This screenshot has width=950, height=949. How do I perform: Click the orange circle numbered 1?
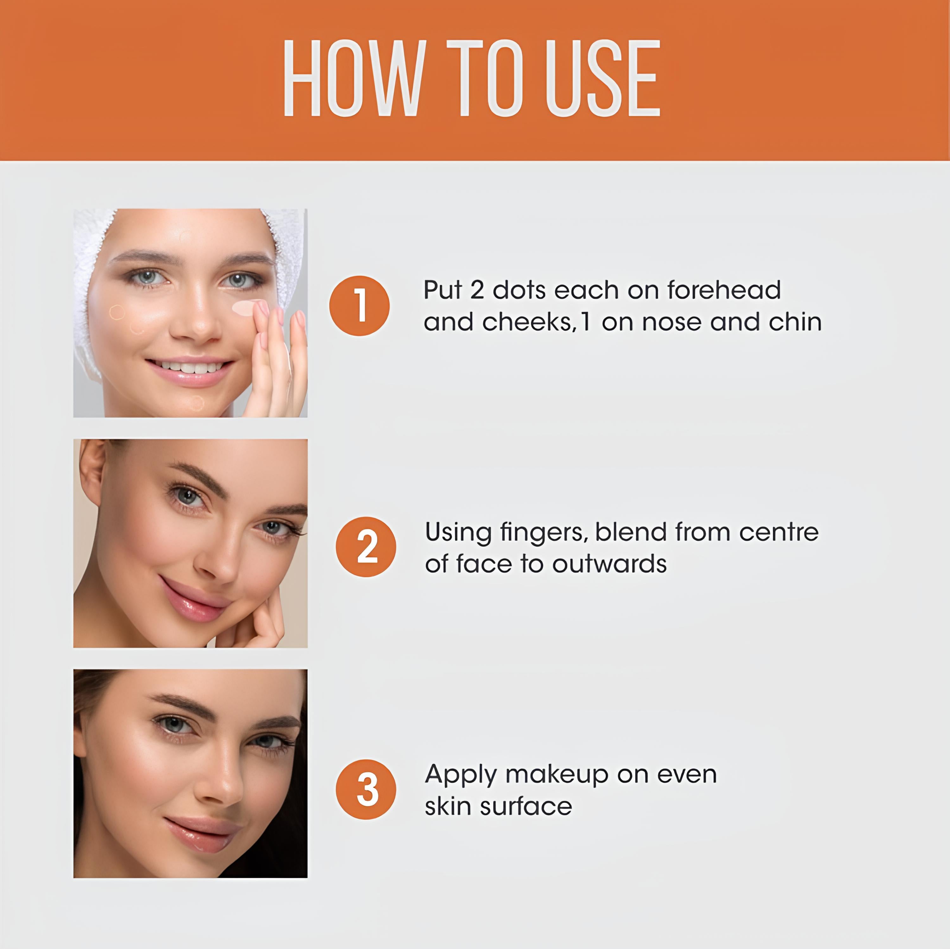coord(359,306)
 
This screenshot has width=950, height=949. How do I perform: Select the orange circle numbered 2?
coord(366,547)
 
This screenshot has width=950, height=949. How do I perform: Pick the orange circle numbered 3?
coord(366,789)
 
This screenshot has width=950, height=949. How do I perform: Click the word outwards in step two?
coord(609,564)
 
